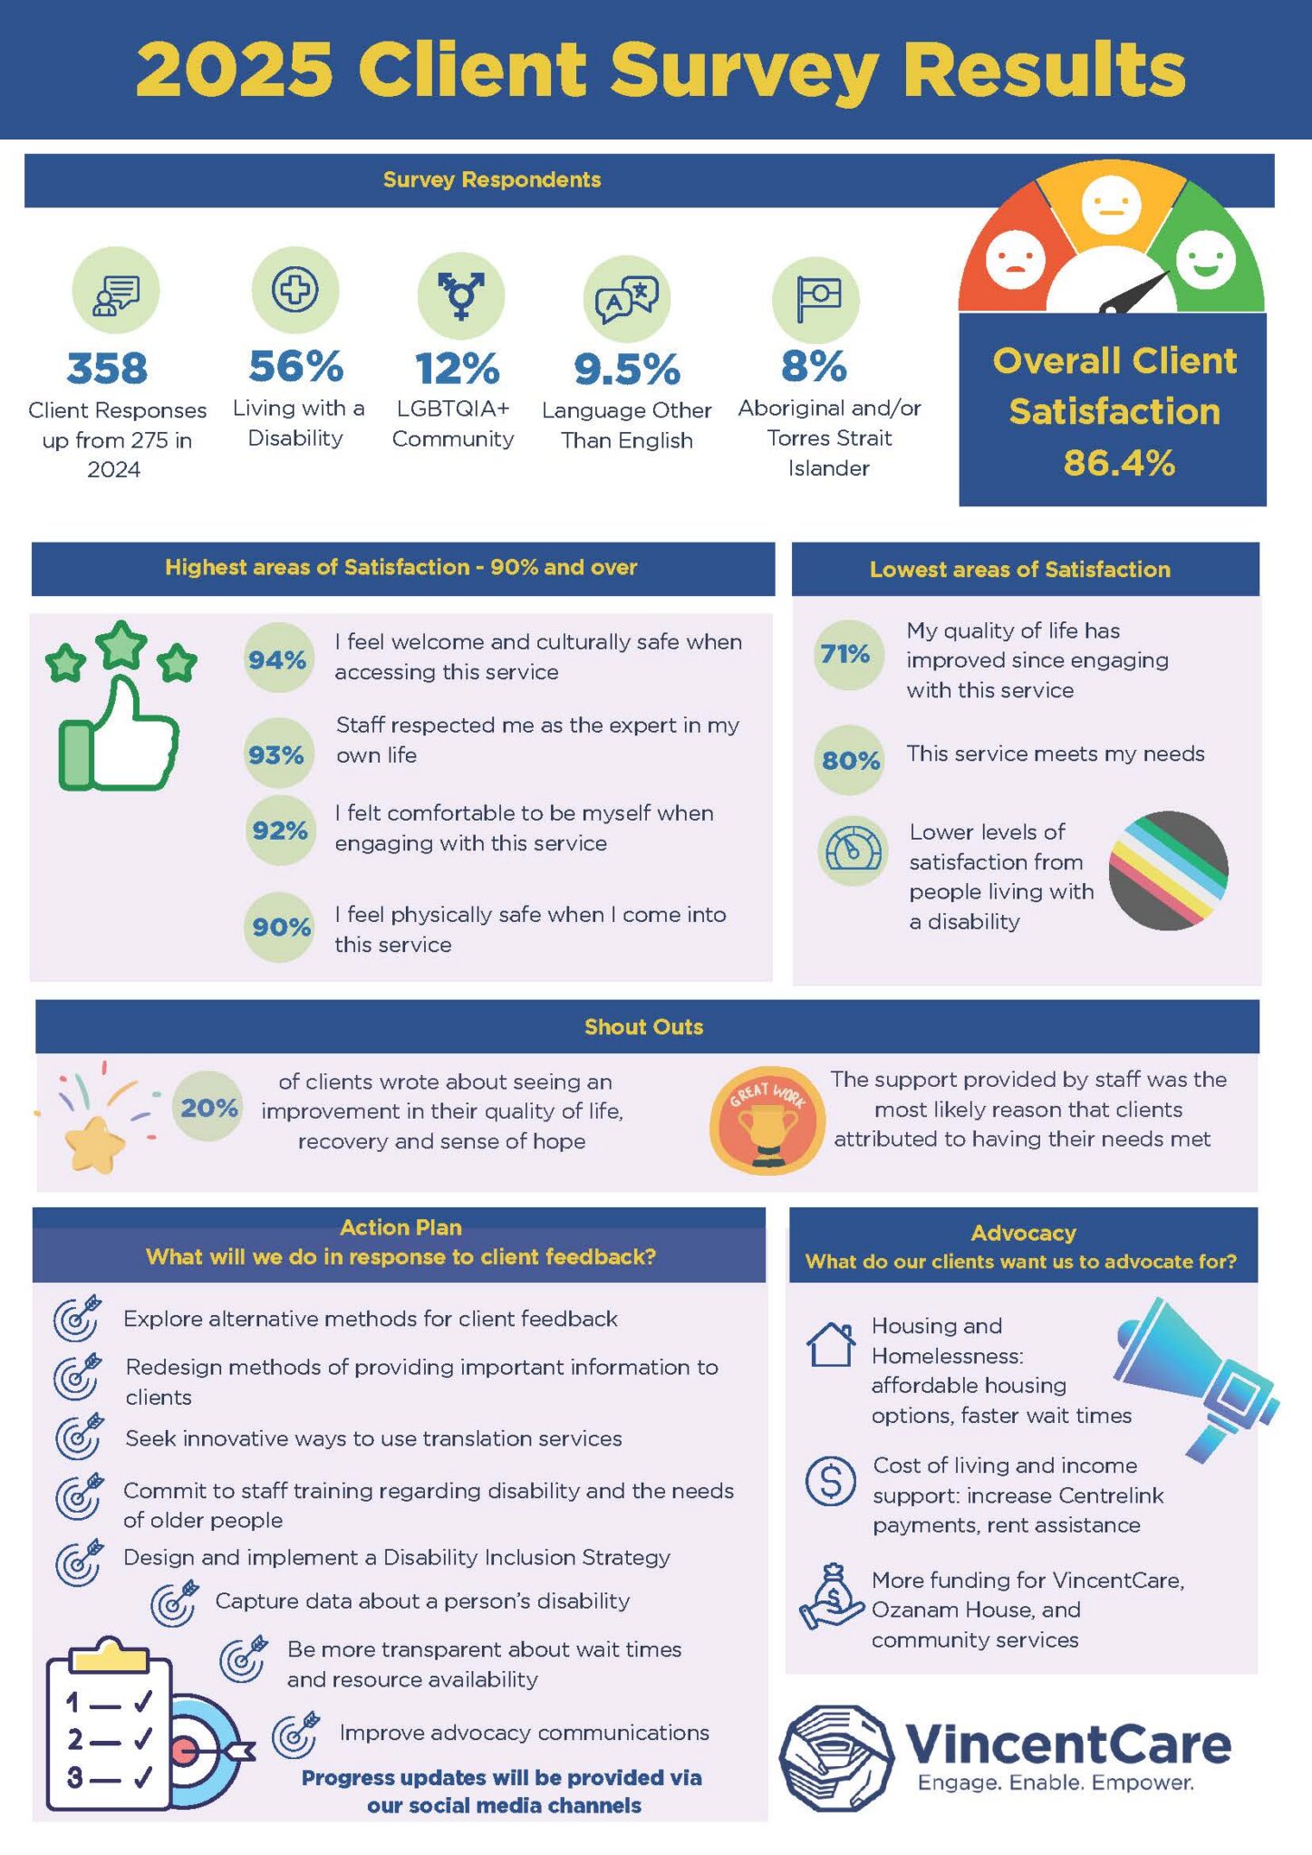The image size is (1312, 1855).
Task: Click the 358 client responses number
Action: (x=107, y=369)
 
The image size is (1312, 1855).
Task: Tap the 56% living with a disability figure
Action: (x=296, y=367)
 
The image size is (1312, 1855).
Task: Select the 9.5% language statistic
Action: (x=627, y=369)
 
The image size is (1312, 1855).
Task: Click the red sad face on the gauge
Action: (x=1015, y=260)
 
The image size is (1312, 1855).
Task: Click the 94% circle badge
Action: (x=277, y=659)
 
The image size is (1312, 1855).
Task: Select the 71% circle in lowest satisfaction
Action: (x=845, y=654)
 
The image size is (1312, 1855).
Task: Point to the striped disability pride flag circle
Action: (x=1169, y=870)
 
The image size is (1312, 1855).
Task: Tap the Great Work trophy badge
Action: (x=767, y=1120)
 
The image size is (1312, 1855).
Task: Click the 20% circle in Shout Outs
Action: (x=208, y=1107)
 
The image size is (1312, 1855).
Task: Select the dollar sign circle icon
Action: (x=830, y=1481)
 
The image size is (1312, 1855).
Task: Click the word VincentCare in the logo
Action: (x=1068, y=1744)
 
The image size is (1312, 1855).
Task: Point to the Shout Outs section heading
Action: (x=643, y=1027)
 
